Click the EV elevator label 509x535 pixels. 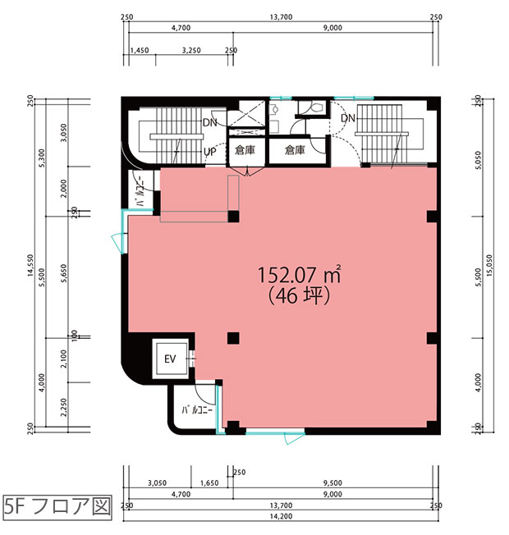[170, 359]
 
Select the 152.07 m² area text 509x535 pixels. [299, 274]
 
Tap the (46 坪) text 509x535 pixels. [299, 295]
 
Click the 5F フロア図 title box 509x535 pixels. [57, 508]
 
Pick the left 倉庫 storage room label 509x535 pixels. [245, 150]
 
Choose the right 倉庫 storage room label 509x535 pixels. [295, 150]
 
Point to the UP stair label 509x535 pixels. [210, 152]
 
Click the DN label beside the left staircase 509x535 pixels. [210, 122]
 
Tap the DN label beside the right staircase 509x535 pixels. [348, 118]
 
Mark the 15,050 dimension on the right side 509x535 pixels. [489, 265]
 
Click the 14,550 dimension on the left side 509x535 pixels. [30, 265]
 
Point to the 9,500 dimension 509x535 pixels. [332, 482]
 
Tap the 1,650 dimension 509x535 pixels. [209, 482]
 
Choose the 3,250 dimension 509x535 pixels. [191, 50]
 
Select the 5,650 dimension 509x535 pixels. [64, 273]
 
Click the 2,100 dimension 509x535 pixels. [64, 359]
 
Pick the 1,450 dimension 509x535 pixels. [140, 50]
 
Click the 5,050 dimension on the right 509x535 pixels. [479, 160]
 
